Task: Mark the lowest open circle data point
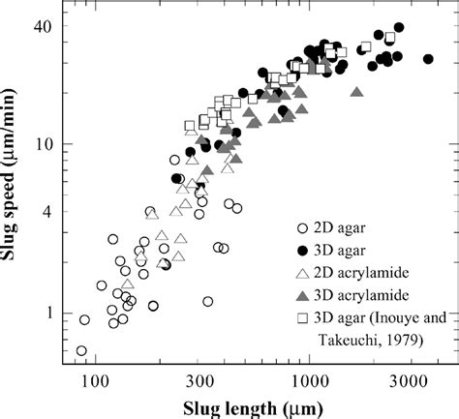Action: pyautogui.click(x=80, y=351)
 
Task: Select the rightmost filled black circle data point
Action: pyautogui.click(x=429, y=59)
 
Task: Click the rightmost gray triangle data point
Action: pyautogui.click(x=357, y=93)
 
